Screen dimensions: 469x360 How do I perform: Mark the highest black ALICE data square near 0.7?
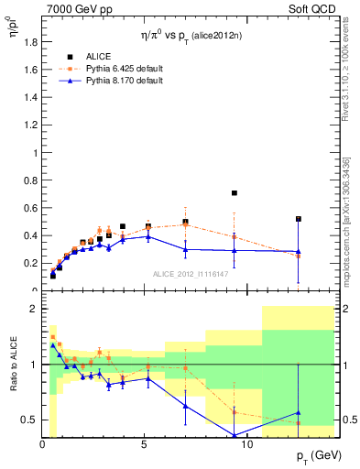tap(235, 193)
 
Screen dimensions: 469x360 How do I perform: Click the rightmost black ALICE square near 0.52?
tap(299, 219)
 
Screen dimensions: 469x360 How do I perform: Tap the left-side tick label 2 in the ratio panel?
tap(31, 309)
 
